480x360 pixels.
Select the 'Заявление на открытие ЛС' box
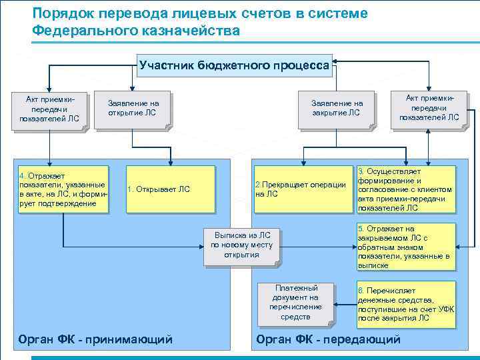tap(133, 108)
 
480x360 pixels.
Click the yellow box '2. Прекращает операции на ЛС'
tap(300, 189)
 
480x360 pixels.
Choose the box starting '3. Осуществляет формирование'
tap(405, 189)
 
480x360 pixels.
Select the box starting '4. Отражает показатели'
tap(63, 189)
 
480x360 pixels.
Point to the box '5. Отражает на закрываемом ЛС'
tap(405, 247)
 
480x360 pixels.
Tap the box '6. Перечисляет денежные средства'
tap(405, 304)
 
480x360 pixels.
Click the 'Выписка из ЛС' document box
tap(241, 245)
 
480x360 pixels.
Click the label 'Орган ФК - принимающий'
tap(95, 339)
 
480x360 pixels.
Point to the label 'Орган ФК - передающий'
tap(328, 339)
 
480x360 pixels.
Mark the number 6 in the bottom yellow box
tap(361, 291)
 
